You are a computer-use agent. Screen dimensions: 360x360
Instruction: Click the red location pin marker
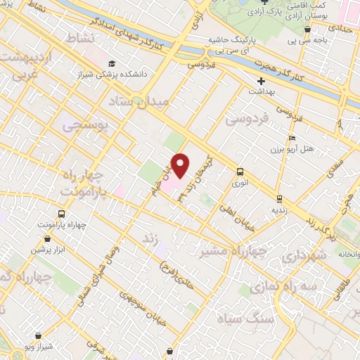click(181, 165)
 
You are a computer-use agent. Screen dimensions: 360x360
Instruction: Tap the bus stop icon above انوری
click(240, 171)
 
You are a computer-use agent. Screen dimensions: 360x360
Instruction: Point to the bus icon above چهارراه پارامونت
click(62, 213)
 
